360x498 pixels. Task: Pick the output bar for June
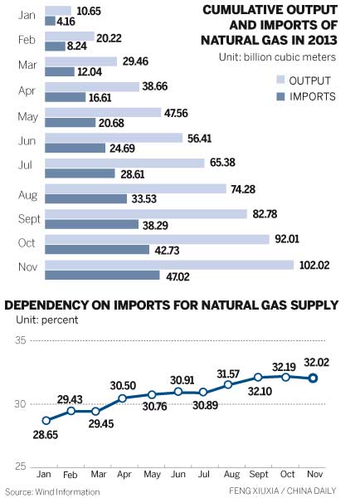113,137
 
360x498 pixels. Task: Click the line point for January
46,421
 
